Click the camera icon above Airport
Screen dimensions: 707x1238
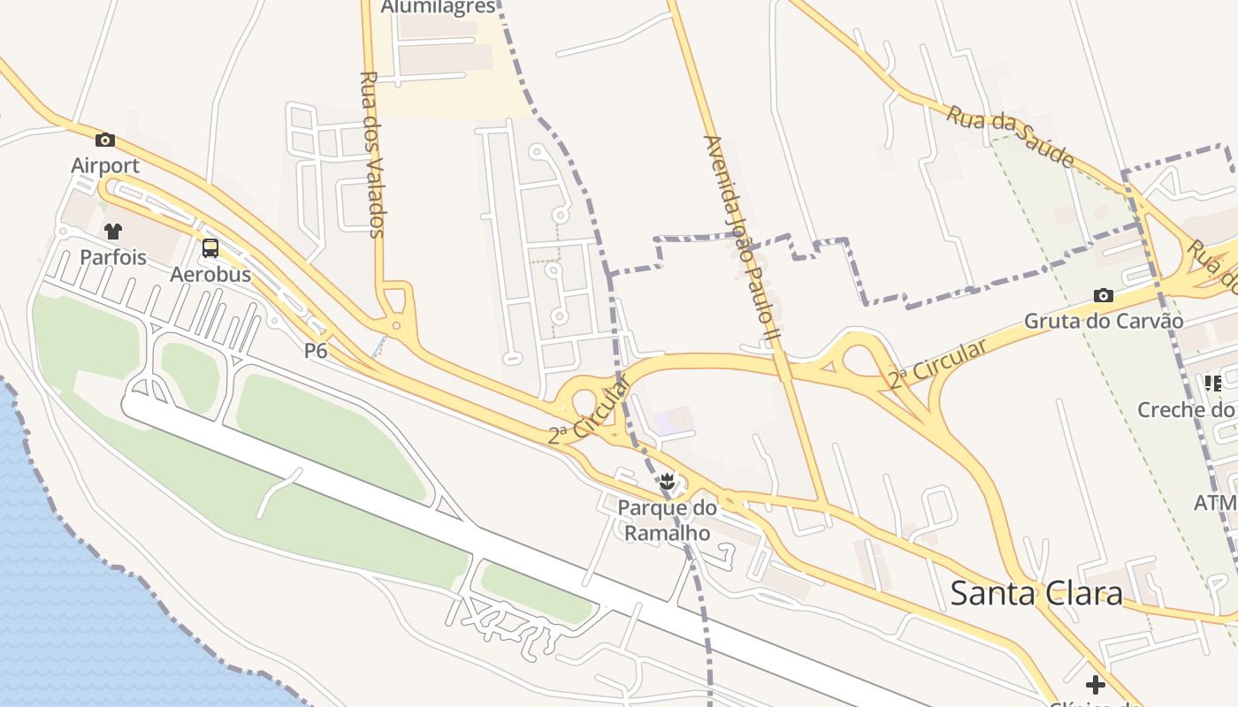(105, 140)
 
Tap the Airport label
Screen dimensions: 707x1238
(105, 165)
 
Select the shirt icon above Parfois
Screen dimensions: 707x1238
(112, 232)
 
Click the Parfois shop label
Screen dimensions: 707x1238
(112, 257)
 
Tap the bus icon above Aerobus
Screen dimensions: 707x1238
(210, 248)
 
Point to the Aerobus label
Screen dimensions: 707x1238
(210, 274)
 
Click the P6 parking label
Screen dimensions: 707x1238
(316, 351)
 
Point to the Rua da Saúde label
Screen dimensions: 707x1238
(1011, 136)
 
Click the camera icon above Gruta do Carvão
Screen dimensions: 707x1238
(1103, 295)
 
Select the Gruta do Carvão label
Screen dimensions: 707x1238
(1103, 321)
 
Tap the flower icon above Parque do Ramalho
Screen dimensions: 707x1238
(668, 483)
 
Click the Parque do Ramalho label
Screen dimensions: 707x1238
(667, 521)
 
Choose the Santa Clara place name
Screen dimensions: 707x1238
(1036, 593)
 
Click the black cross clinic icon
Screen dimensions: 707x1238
(1096, 685)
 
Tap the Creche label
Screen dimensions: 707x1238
(1185, 409)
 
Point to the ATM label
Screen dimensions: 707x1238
(1214, 503)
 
